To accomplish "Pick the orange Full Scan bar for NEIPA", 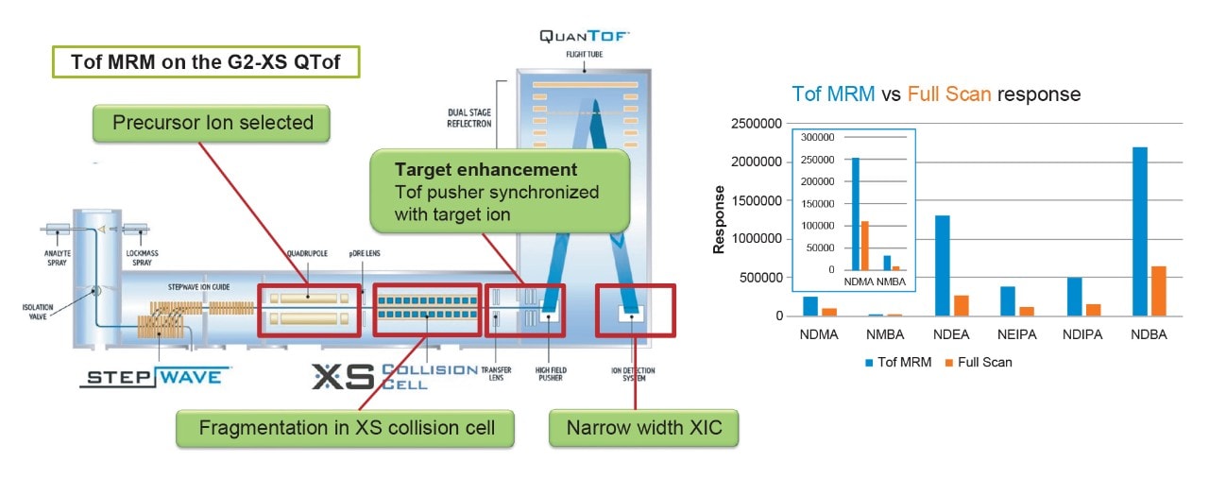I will pos(1027,311).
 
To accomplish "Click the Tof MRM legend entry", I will pos(897,362).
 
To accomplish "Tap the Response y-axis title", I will pos(720,220).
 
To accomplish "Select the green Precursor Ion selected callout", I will pos(213,123).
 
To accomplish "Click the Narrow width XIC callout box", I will pos(644,427).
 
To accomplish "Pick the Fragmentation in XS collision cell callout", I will pos(347,427).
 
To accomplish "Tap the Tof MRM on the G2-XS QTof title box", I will pos(206,62).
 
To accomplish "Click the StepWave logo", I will pos(156,377).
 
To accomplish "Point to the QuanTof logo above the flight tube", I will pos(584,36).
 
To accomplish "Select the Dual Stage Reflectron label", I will pos(472,116).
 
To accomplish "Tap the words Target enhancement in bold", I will pos(485,170).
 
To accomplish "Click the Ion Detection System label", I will pos(635,374).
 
